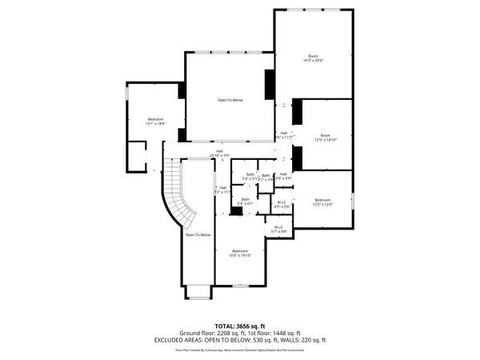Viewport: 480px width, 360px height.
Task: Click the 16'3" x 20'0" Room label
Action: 314,58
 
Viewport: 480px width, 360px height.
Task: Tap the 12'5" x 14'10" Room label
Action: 326,138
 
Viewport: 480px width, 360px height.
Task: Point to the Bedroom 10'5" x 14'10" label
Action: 241,253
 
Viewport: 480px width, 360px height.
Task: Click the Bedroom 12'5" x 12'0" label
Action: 322,202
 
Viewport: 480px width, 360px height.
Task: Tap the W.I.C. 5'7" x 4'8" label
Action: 278,230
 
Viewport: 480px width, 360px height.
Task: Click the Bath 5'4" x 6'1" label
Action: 246,202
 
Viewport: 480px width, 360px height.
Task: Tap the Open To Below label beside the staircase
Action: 198,234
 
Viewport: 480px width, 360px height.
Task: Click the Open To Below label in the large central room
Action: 230,100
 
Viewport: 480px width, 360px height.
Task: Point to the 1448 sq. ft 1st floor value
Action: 285,333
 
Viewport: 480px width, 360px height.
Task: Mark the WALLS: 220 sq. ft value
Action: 306,339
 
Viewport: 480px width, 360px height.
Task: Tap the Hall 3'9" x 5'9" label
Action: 283,176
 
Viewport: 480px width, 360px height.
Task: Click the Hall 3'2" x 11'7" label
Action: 222,190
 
